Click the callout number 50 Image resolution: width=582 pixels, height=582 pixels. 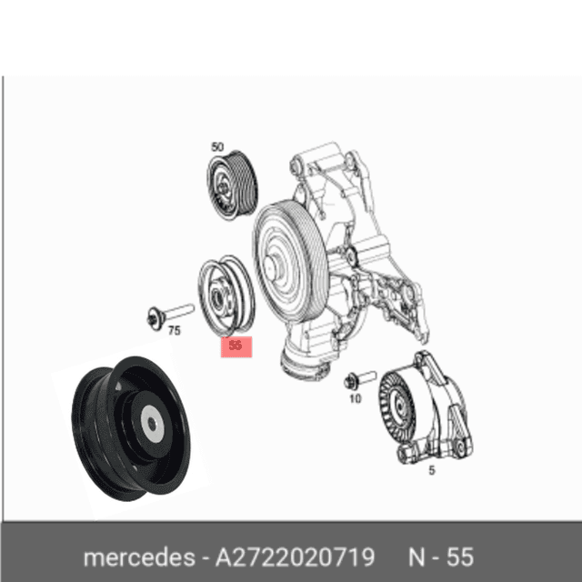pos(216,146)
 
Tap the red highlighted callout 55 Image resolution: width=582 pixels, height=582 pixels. pos(236,346)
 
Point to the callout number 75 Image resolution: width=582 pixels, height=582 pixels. pos(175,331)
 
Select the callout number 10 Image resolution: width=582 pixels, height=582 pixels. pos(355,398)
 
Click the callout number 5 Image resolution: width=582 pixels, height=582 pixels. pos(432,470)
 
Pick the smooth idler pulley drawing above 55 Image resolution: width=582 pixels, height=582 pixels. pos(226,296)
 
